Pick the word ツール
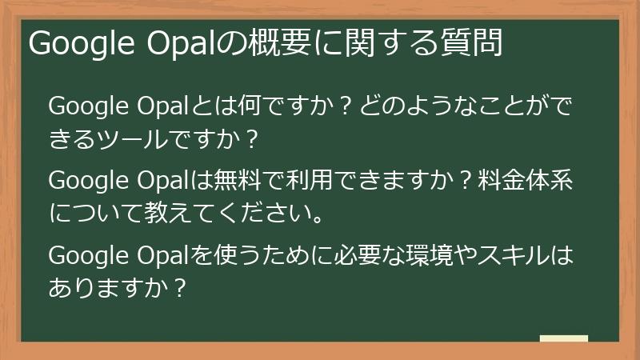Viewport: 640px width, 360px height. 142,140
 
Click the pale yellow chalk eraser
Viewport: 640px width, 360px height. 563,338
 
